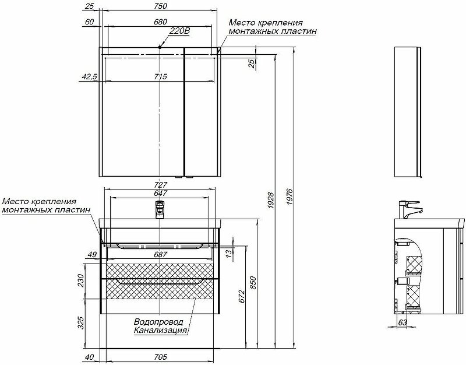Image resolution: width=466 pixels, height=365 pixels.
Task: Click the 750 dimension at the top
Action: click(161, 6)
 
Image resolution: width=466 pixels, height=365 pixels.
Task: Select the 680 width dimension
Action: click(161, 22)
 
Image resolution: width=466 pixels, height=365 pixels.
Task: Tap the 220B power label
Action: click(179, 31)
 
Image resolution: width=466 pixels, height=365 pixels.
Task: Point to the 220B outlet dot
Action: click(160, 47)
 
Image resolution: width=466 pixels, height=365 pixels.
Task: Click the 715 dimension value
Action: click(161, 77)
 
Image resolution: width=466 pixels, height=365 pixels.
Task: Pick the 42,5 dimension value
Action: click(90, 77)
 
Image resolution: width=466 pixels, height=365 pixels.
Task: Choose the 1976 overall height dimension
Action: click(290, 196)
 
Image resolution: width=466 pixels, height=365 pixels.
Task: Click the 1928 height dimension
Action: click(271, 200)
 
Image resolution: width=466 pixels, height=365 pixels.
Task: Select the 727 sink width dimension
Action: click(161, 185)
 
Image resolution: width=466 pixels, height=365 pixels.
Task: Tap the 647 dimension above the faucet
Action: click(161, 193)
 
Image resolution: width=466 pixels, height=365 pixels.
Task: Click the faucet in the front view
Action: click(160, 210)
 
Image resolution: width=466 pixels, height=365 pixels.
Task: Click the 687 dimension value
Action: click(161, 255)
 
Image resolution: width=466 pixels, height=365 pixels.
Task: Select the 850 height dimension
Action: click(253, 283)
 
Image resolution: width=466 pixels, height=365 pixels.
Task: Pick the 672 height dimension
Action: click(241, 296)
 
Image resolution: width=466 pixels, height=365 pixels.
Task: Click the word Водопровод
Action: click(158, 322)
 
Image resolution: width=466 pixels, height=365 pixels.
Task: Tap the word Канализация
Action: click(161, 330)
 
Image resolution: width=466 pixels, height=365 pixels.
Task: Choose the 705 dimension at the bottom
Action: click(161, 357)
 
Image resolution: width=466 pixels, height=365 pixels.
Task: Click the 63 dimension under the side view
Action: click(402, 322)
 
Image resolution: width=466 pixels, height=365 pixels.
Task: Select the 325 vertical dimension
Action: click(81, 323)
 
